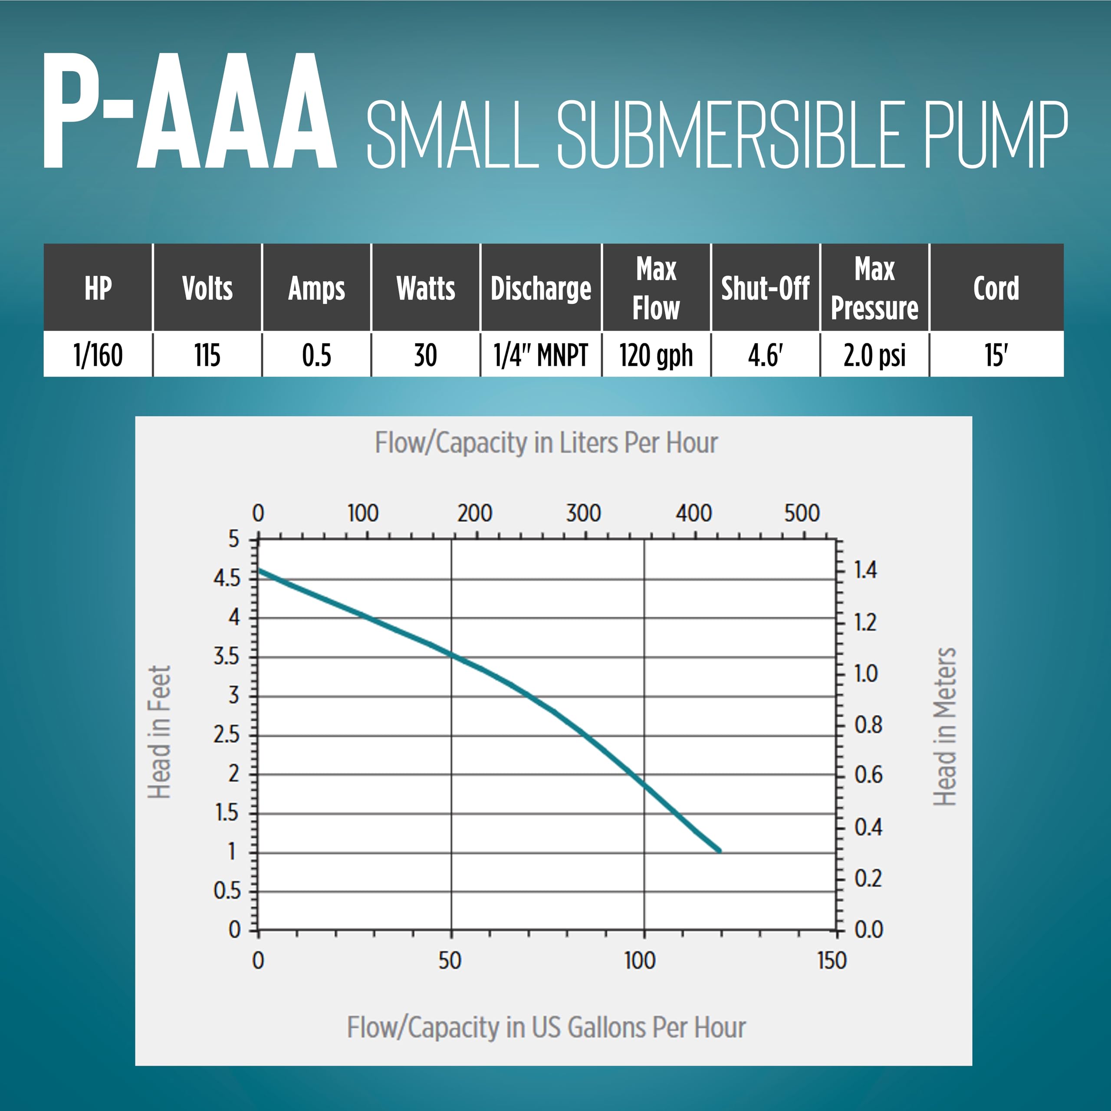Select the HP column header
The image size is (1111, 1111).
[x=98, y=288]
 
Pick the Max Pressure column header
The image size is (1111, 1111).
[x=874, y=288]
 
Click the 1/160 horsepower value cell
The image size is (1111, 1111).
[x=98, y=355]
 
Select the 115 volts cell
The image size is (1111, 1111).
[x=207, y=355]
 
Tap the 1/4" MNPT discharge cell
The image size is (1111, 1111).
[x=541, y=355]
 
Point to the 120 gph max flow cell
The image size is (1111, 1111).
[x=656, y=355]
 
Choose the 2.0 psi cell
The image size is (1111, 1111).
[x=874, y=355]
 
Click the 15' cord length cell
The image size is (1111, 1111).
[x=996, y=355]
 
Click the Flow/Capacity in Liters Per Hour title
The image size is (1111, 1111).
[x=546, y=443]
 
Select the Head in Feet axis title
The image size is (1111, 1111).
[x=159, y=732]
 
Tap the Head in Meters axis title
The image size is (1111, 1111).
[x=944, y=726]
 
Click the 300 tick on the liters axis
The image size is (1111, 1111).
[x=583, y=513]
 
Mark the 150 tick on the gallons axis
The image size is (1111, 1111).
[x=832, y=961]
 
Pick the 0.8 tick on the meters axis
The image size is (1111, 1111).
[x=868, y=725]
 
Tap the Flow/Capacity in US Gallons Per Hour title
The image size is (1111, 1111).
[x=546, y=1028]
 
